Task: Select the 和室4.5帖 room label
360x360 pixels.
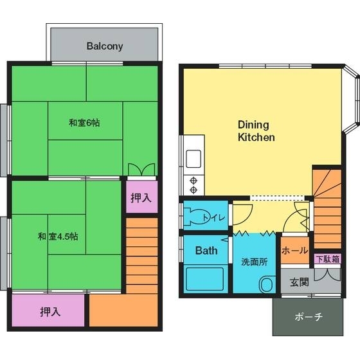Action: (x=58, y=236)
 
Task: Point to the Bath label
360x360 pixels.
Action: (x=206, y=250)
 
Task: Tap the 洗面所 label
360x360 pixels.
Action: (x=254, y=262)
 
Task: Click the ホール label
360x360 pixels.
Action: (x=294, y=251)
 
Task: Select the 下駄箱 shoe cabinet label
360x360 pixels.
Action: (x=327, y=259)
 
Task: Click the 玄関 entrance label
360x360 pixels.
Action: (x=299, y=282)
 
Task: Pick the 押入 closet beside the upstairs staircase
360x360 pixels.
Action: (x=141, y=199)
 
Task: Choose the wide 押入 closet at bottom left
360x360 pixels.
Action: (x=50, y=312)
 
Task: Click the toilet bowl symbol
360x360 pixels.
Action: (x=195, y=215)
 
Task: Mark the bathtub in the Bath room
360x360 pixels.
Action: (x=205, y=279)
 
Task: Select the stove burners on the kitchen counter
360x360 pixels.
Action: (x=192, y=184)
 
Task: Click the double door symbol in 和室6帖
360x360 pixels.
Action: (x=141, y=170)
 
